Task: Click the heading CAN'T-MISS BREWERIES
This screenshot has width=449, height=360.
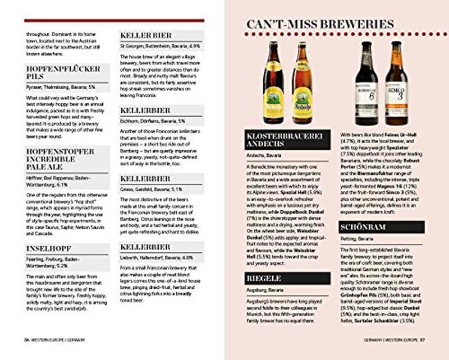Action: pos(320,24)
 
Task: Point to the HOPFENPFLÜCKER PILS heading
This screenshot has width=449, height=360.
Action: pos(63,72)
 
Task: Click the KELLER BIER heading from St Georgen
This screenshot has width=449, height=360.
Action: pos(146,35)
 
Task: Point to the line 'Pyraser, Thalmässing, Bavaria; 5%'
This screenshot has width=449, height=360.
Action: pos(61,87)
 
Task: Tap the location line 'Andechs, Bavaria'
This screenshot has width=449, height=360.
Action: pos(264,155)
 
